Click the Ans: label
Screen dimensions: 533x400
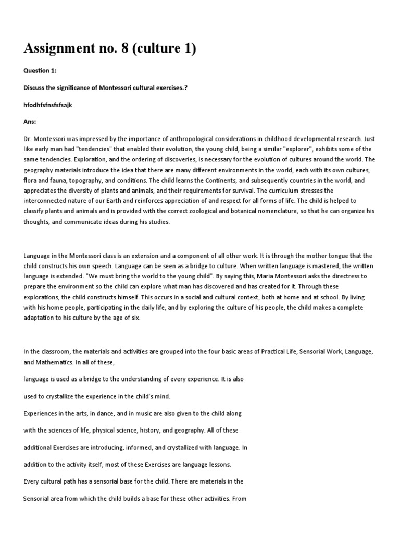tap(30, 121)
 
